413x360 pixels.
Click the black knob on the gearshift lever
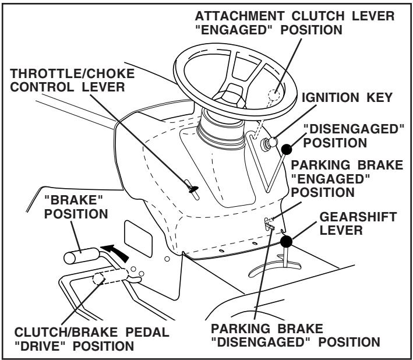tap(285, 240)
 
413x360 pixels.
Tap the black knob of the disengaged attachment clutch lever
tap(286, 150)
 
